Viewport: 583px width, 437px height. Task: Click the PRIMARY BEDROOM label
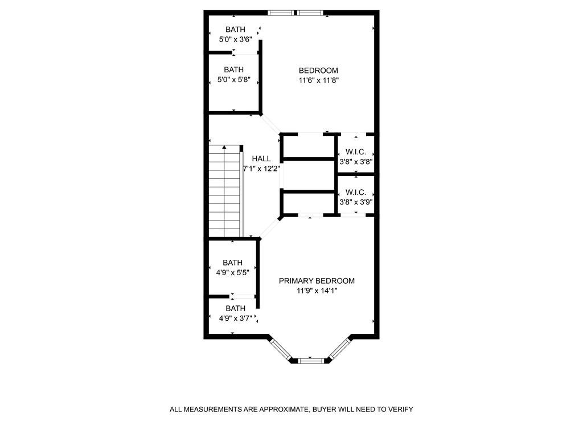click(x=317, y=281)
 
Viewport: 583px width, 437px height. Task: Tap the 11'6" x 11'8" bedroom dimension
click(x=318, y=80)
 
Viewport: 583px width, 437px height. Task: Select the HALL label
click(x=261, y=159)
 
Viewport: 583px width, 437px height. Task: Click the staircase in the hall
click(x=225, y=190)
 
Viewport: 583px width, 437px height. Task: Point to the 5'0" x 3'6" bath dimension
click(x=235, y=39)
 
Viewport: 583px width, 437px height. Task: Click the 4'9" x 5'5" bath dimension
click(x=232, y=272)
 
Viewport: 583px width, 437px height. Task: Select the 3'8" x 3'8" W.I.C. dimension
click(x=356, y=162)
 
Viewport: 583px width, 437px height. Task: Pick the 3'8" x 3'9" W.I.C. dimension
click(x=356, y=202)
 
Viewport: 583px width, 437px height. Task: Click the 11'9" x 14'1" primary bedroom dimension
click(x=317, y=291)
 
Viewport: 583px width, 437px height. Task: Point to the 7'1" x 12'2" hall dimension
click(x=261, y=169)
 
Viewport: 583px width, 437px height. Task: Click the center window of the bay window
click(x=311, y=360)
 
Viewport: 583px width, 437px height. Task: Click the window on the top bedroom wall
click(x=296, y=13)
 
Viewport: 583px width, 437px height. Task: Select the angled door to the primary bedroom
click(x=270, y=227)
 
